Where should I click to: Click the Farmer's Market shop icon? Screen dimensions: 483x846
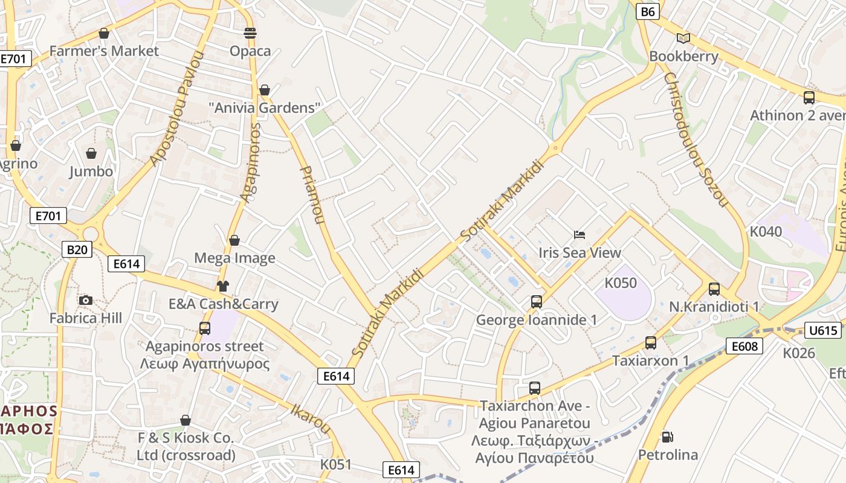(x=104, y=33)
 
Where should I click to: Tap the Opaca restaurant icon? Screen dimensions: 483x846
(x=250, y=33)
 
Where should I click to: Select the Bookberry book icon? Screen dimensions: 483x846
(x=683, y=39)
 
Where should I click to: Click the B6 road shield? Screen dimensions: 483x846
(x=647, y=11)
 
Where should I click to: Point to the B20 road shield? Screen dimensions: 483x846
(x=77, y=249)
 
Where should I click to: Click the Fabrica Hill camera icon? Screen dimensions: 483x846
(x=86, y=300)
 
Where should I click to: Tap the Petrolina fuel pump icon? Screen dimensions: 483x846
(x=668, y=437)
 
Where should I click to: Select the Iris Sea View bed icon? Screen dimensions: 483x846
(x=580, y=234)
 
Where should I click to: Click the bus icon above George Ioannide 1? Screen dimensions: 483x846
(x=537, y=301)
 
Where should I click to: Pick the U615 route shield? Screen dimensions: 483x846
(x=824, y=330)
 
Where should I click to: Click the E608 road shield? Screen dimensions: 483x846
(x=744, y=346)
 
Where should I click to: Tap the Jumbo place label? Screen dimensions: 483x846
(x=91, y=171)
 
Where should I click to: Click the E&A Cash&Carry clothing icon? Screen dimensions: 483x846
(x=223, y=286)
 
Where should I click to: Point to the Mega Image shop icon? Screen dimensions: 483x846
(x=234, y=240)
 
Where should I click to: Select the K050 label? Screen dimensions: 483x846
(x=621, y=283)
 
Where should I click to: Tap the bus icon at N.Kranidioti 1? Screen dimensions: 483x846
(x=714, y=289)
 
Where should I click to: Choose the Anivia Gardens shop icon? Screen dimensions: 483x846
(x=264, y=90)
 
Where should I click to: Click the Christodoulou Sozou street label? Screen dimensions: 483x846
(x=695, y=139)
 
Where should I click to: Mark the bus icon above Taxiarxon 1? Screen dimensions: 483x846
(x=651, y=343)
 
